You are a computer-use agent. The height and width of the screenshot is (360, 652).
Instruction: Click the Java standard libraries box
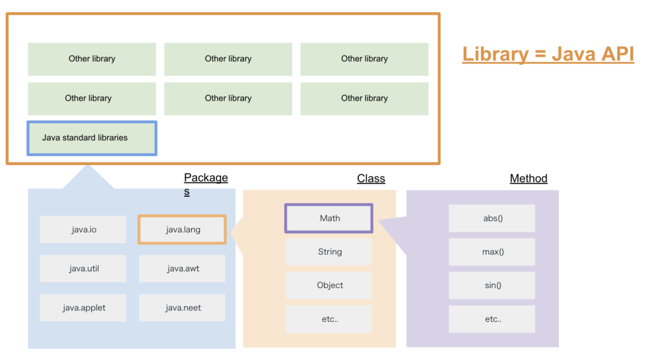click(92, 138)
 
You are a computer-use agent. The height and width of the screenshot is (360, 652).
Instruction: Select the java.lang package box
click(182, 229)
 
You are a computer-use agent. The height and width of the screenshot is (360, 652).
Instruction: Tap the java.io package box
click(83, 229)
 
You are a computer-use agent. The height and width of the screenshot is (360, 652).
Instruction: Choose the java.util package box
click(83, 268)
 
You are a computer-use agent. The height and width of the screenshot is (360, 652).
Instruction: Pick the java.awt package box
click(182, 268)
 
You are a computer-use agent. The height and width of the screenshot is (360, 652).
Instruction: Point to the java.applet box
click(83, 308)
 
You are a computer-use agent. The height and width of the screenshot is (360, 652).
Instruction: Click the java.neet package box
click(182, 308)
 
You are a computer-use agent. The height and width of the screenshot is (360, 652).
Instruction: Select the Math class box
click(329, 218)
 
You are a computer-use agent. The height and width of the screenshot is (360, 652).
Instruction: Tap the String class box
click(329, 252)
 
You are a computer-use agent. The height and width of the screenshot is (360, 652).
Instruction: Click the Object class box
click(329, 285)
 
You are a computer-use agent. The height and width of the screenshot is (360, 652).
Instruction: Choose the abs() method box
click(492, 218)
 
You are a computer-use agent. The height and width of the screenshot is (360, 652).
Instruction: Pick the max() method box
click(492, 252)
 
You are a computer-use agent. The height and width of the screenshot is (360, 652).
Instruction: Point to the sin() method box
click(492, 285)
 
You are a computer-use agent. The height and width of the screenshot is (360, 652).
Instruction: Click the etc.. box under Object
click(329, 319)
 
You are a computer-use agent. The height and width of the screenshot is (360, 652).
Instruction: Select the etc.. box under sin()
click(492, 319)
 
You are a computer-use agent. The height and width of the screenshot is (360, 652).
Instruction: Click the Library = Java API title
click(548, 55)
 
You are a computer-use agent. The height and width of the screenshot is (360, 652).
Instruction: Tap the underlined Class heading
click(371, 178)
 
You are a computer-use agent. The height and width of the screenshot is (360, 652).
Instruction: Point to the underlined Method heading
click(528, 178)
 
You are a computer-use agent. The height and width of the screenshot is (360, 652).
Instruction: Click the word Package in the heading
click(206, 178)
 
